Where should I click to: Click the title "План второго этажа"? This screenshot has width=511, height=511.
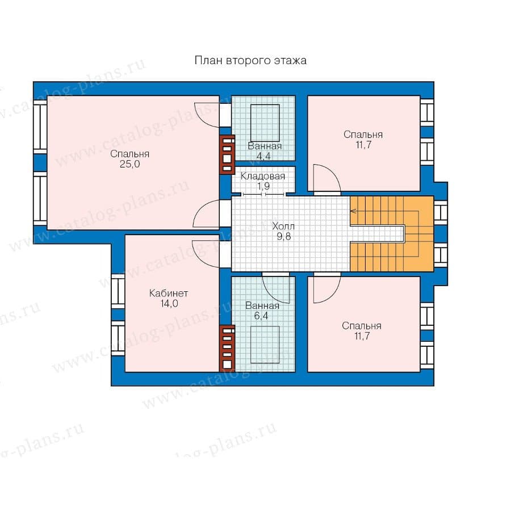250,61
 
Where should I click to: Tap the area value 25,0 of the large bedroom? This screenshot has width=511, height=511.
129,164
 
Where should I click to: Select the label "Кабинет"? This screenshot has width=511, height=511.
169,294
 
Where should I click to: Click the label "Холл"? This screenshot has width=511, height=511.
283,226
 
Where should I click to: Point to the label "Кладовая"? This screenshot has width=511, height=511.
263,177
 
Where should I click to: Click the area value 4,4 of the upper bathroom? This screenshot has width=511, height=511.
263,156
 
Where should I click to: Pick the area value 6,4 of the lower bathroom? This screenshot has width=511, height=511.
261,316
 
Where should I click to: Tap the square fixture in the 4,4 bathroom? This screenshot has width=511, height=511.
265,123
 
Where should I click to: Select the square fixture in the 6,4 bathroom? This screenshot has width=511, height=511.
265,345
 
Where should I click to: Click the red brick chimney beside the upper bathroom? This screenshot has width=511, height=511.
227,154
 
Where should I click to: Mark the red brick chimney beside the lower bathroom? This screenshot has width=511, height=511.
227,348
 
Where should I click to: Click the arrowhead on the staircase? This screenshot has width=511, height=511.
353,211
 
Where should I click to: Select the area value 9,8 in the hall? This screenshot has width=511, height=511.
283,236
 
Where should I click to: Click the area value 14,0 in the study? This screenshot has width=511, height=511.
169,303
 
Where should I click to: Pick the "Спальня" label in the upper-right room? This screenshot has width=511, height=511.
363,135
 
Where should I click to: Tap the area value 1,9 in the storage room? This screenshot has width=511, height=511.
263,186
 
